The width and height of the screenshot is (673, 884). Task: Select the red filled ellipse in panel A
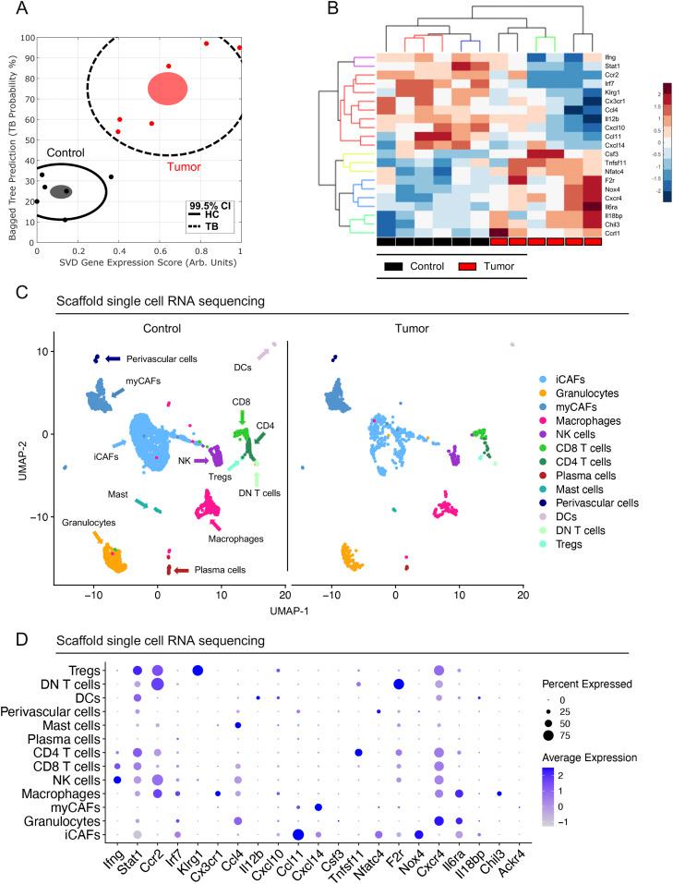(x=167, y=88)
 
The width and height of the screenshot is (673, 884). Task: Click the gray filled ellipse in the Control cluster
(x=62, y=191)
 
